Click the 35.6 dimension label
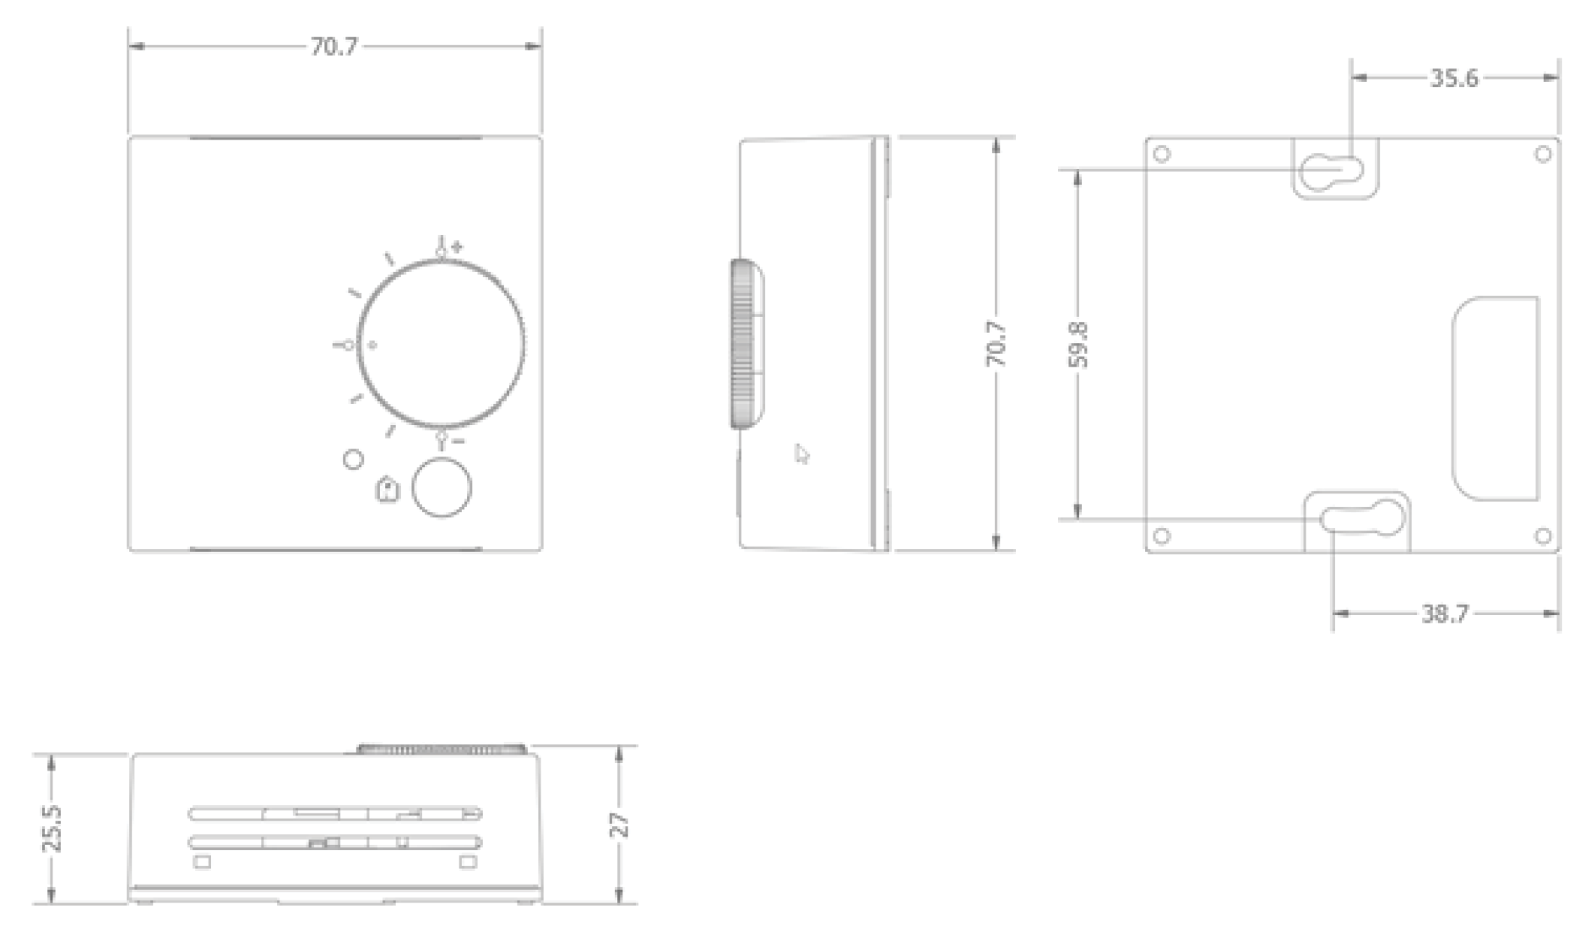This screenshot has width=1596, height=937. tap(1453, 79)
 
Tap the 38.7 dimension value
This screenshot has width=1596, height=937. tap(1445, 613)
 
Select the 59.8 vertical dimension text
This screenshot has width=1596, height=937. tap(1078, 344)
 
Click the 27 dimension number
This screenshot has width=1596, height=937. tap(620, 825)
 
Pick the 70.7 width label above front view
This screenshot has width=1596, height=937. tap(334, 46)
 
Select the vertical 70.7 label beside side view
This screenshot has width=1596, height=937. tap(996, 344)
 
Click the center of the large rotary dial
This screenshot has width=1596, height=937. tap(441, 342)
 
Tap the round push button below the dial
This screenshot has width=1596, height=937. tap(441, 488)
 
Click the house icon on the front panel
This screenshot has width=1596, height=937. tap(387, 490)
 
